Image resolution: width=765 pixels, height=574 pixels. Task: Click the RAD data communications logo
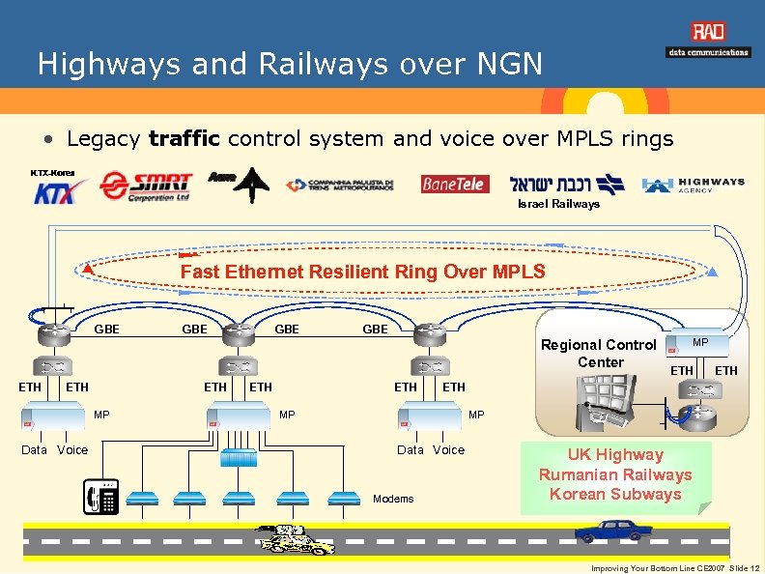708,41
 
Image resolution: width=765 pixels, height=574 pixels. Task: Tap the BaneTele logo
455,184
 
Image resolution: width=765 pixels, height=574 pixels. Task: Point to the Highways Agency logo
694,185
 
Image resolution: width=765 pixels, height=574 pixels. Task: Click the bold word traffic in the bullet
183,139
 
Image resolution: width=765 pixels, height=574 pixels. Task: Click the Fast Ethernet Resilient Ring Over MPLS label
362,272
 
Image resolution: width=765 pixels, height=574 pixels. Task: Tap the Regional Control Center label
599,353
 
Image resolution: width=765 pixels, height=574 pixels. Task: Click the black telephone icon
101,497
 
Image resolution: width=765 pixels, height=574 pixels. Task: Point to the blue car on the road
608,531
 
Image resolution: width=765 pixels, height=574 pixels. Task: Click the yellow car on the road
293,540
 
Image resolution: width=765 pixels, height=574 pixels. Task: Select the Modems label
392,499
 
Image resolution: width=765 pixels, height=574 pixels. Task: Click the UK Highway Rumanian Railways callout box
615,474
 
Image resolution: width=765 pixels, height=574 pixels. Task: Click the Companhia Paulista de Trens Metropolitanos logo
339,185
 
